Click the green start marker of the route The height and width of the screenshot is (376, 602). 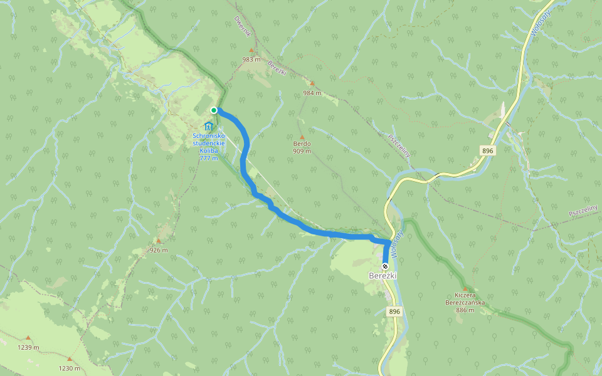point(214,110)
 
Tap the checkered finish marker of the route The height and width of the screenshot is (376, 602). point(385,266)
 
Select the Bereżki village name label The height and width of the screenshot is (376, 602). point(383,276)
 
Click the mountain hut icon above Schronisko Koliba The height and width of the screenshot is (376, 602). point(208,127)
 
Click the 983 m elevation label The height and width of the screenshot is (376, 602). point(251,60)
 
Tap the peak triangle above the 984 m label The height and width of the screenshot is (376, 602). point(312,83)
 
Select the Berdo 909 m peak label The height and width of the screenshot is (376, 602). point(302,147)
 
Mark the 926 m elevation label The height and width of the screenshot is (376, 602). point(159,250)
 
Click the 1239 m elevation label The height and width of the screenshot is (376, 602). point(28,347)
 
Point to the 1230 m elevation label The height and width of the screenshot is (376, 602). point(69,368)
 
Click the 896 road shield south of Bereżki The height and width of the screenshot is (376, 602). point(394,311)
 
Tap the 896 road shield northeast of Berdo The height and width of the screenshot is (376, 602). point(488,151)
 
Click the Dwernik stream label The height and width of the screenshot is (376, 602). point(242,26)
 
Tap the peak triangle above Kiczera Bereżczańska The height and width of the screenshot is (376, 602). point(465,288)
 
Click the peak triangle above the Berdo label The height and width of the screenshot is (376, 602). point(302,137)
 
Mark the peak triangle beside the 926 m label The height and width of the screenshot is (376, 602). point(159,241)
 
